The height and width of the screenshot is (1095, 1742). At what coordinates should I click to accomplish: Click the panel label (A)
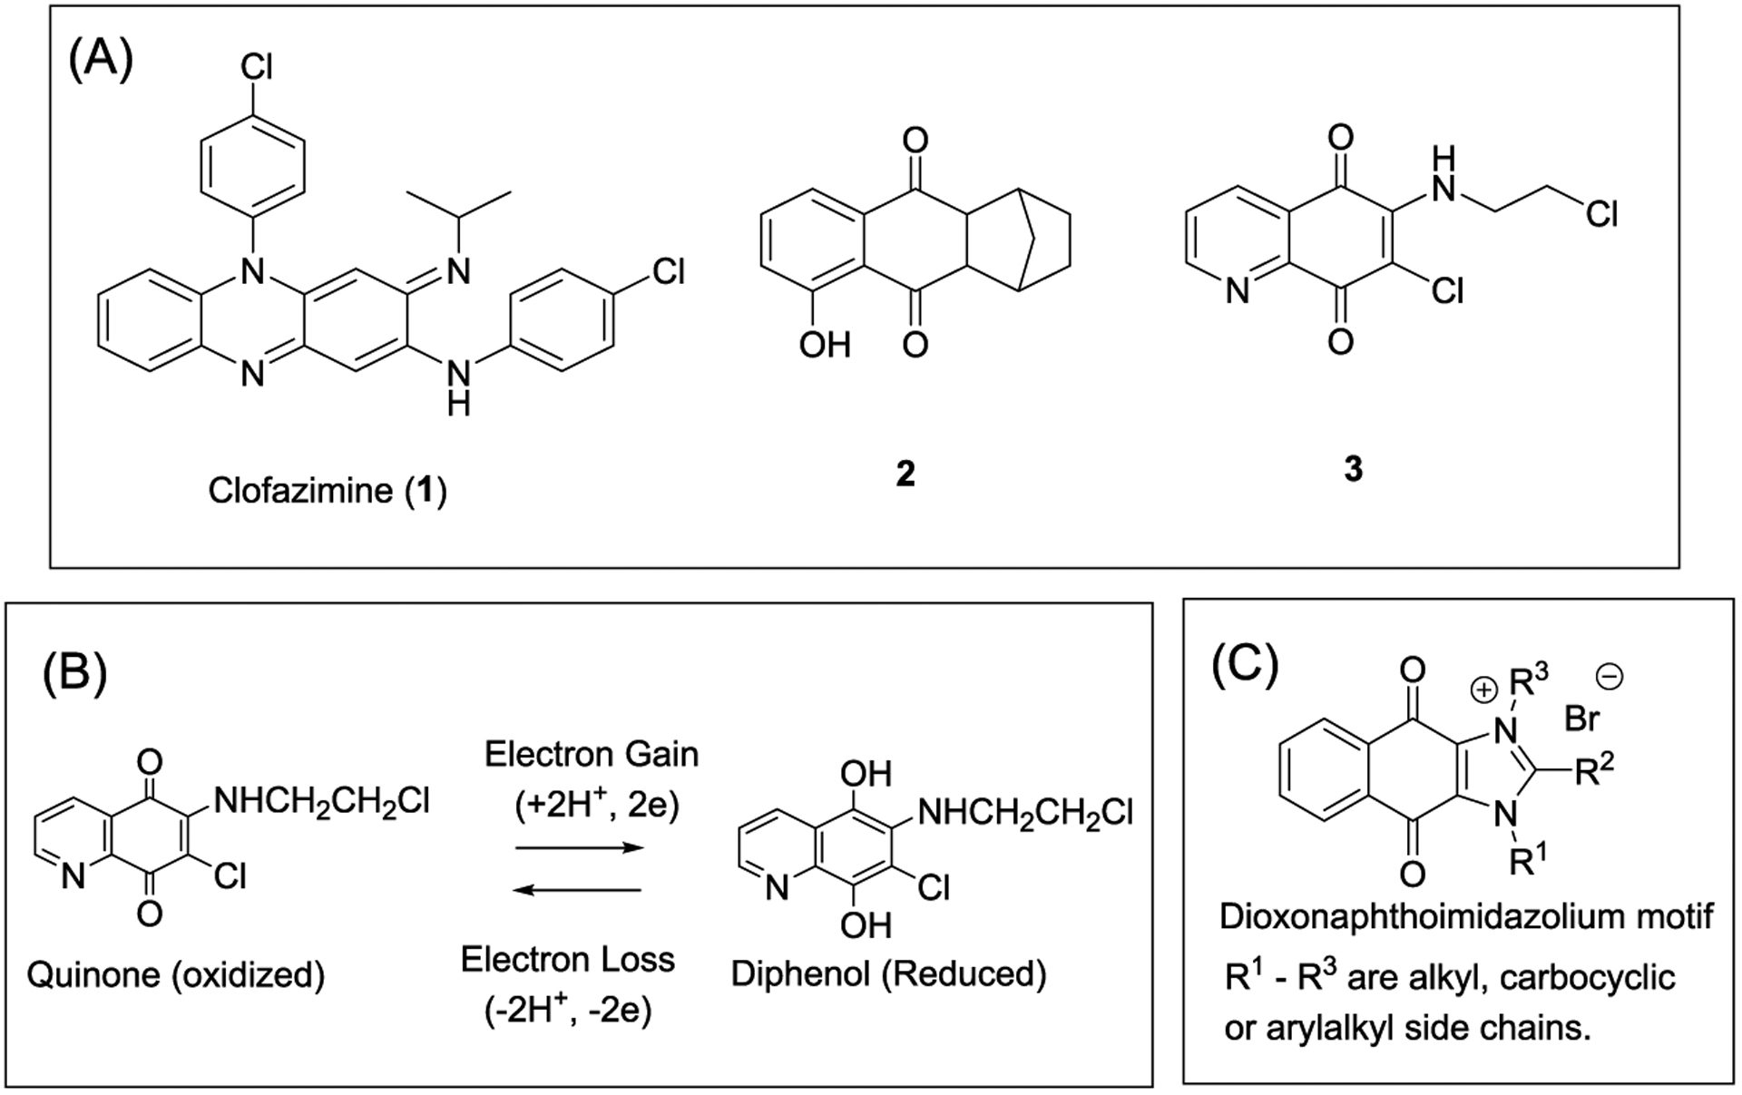101,63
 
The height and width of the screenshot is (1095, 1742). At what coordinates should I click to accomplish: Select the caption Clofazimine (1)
328,491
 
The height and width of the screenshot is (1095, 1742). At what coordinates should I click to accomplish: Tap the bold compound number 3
1353,469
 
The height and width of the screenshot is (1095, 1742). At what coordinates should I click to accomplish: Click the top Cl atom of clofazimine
256,67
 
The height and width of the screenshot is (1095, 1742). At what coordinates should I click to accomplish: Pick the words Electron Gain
592,754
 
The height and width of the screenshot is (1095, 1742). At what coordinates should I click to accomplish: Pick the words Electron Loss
568,960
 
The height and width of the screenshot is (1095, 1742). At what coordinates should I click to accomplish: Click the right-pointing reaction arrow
579,847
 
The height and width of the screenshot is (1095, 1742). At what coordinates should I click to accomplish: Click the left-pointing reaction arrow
579,890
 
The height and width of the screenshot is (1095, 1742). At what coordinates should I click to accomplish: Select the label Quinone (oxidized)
176,975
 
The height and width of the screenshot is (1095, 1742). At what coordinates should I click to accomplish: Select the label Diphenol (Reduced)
888,973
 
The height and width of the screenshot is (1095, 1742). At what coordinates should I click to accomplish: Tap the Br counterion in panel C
1582,719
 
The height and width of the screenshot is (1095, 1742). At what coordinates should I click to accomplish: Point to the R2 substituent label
1598,772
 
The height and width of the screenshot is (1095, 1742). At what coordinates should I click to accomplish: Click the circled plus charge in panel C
1483,690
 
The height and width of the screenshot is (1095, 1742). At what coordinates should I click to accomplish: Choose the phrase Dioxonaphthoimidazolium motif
1466,916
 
